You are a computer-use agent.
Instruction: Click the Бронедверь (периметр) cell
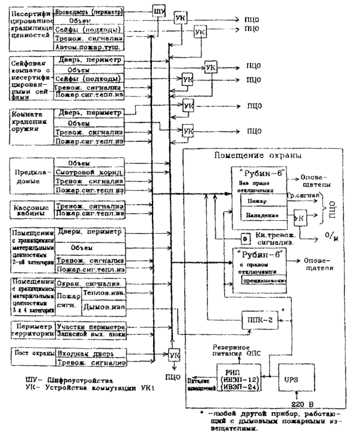point(89,11)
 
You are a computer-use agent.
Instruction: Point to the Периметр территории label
point(28,331)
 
